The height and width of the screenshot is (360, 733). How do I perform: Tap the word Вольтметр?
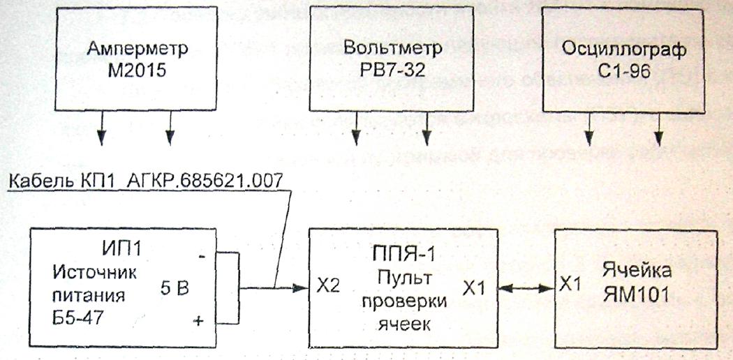click(x=393, y=49)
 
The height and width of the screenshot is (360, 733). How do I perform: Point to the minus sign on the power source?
click(x=202, y=257)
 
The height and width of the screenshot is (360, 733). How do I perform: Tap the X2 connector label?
click(x=327, y=287)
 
